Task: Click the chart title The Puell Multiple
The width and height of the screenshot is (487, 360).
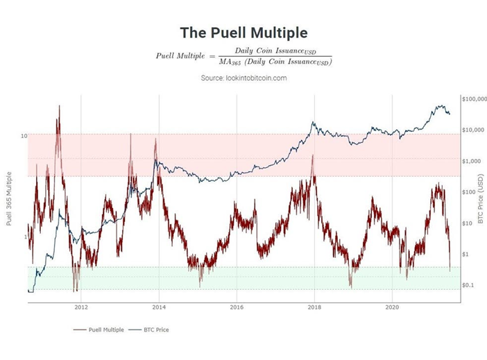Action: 243,33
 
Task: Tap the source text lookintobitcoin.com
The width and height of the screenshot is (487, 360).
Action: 243,78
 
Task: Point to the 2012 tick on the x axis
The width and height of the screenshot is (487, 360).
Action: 81,306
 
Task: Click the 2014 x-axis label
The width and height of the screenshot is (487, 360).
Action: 159,306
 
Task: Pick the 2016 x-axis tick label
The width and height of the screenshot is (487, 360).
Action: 237,306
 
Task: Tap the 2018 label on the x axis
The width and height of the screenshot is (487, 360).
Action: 314,306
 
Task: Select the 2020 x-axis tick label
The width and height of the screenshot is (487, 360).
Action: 392,306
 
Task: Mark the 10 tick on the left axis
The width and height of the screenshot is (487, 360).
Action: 24,136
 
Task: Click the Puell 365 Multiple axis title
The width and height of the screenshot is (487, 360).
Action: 9,198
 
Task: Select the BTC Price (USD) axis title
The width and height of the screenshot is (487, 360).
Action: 480,198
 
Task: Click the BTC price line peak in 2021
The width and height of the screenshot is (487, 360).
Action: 440,105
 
